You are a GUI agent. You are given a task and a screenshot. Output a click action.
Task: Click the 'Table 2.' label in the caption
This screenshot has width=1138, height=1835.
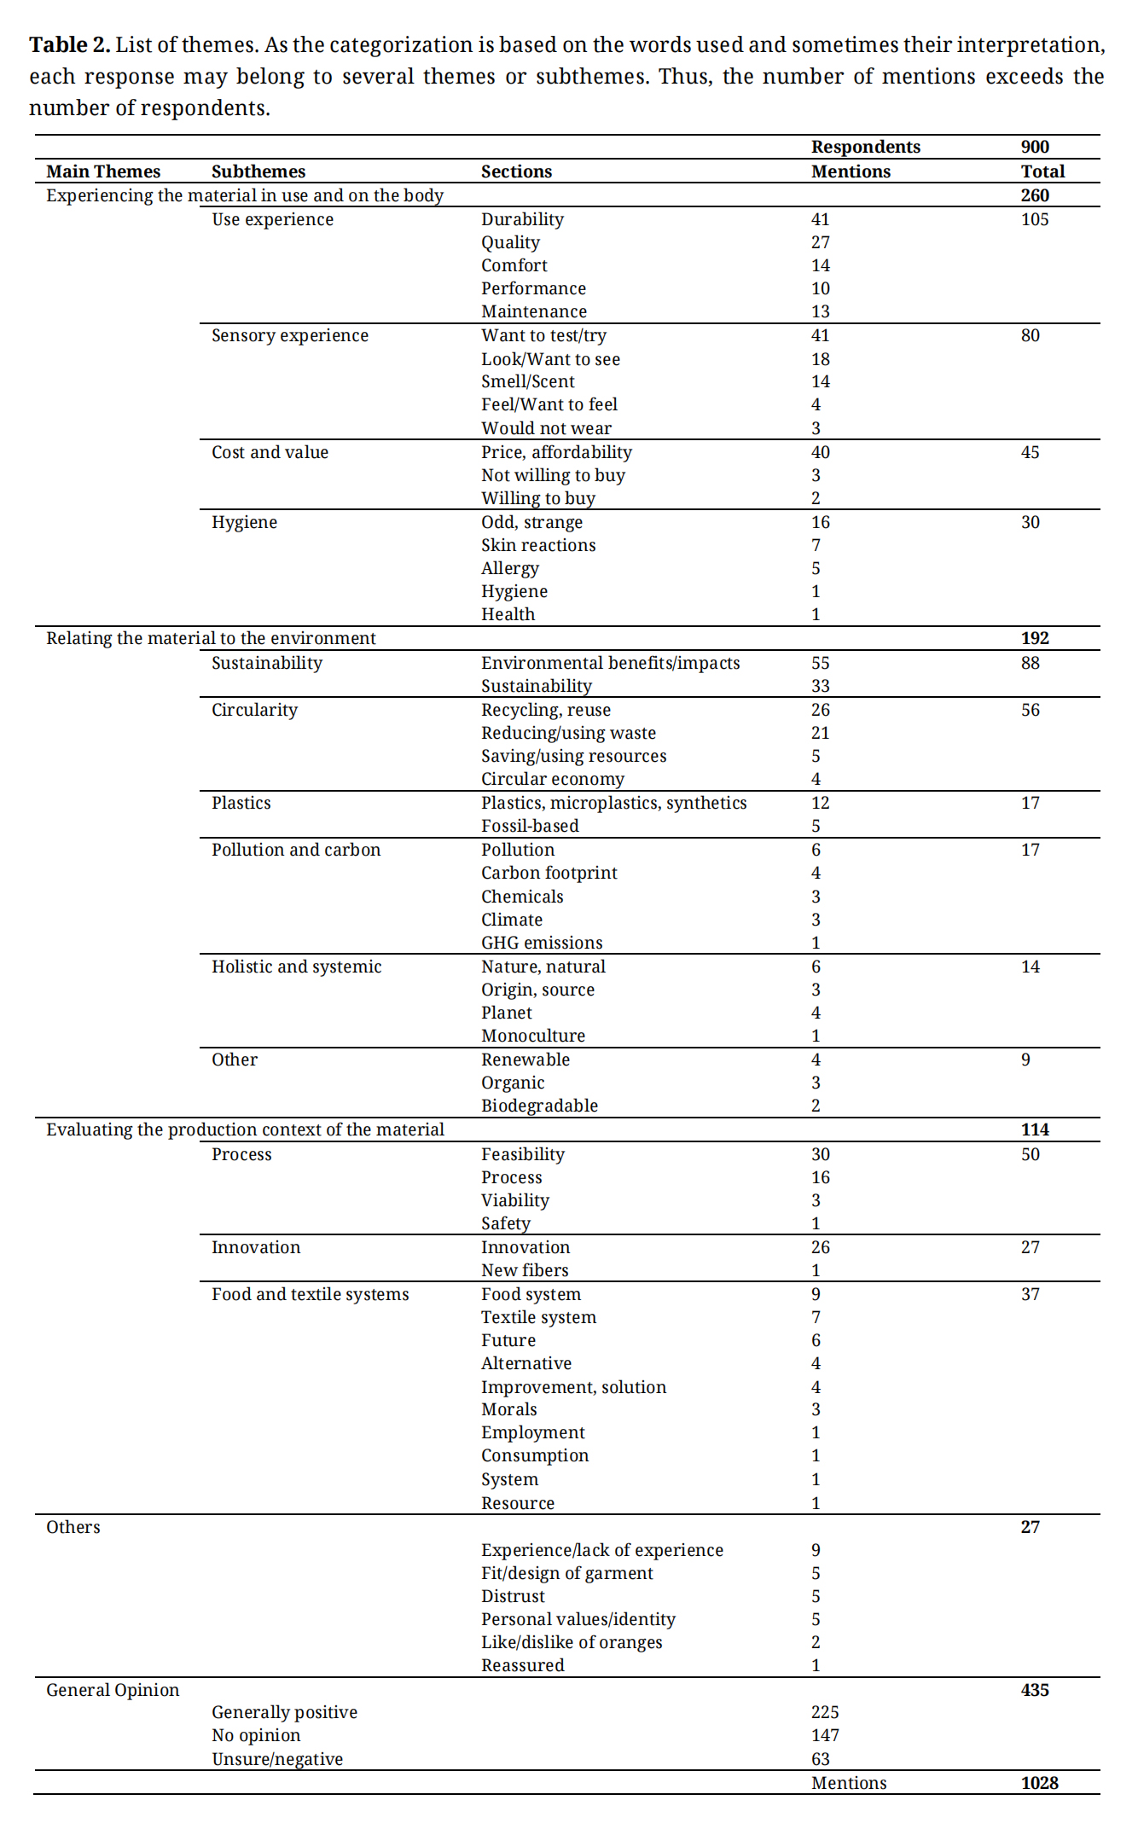(69, 45)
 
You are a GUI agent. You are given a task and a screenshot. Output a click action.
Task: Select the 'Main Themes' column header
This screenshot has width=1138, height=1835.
(103, 171)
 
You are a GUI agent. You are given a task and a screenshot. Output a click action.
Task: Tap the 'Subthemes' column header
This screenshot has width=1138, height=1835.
(258, 171)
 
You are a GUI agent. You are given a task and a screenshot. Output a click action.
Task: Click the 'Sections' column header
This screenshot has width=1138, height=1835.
(516, 171)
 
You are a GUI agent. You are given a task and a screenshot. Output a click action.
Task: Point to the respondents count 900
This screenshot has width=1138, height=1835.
(1035, 147)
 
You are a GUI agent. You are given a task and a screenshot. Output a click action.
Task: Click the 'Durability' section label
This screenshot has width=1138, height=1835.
(522, 219)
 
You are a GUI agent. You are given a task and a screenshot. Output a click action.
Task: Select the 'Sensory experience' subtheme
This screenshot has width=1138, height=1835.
(290, 335)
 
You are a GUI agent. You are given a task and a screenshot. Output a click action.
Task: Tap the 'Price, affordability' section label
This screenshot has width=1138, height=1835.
(556, 452)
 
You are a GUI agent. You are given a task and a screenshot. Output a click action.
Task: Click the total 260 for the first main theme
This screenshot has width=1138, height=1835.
(1035, 195)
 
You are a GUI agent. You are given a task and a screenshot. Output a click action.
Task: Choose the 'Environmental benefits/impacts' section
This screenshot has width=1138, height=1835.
(610, 663)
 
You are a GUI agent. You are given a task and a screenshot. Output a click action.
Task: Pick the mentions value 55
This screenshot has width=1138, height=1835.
(820, 663)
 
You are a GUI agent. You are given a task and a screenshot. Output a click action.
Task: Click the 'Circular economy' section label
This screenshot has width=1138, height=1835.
(552, 779)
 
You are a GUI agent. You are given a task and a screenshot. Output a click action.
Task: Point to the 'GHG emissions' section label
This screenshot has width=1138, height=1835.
(542, 943)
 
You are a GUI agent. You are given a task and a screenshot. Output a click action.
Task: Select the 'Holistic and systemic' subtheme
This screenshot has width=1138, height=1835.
(296, 967)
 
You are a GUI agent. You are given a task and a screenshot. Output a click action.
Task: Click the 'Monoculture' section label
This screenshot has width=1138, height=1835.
(533, 1036)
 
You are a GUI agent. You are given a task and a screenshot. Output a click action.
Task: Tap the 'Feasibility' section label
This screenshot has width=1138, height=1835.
(522, 1154)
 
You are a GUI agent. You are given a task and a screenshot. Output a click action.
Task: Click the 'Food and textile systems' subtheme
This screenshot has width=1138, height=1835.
(310, 1294)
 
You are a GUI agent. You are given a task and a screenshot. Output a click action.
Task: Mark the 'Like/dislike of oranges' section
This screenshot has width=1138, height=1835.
(572, 1642)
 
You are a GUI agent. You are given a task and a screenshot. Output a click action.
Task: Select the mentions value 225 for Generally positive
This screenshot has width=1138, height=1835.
(825, 1712)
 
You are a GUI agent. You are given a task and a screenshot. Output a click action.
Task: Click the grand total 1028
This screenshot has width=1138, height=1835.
(1039, 1783)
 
